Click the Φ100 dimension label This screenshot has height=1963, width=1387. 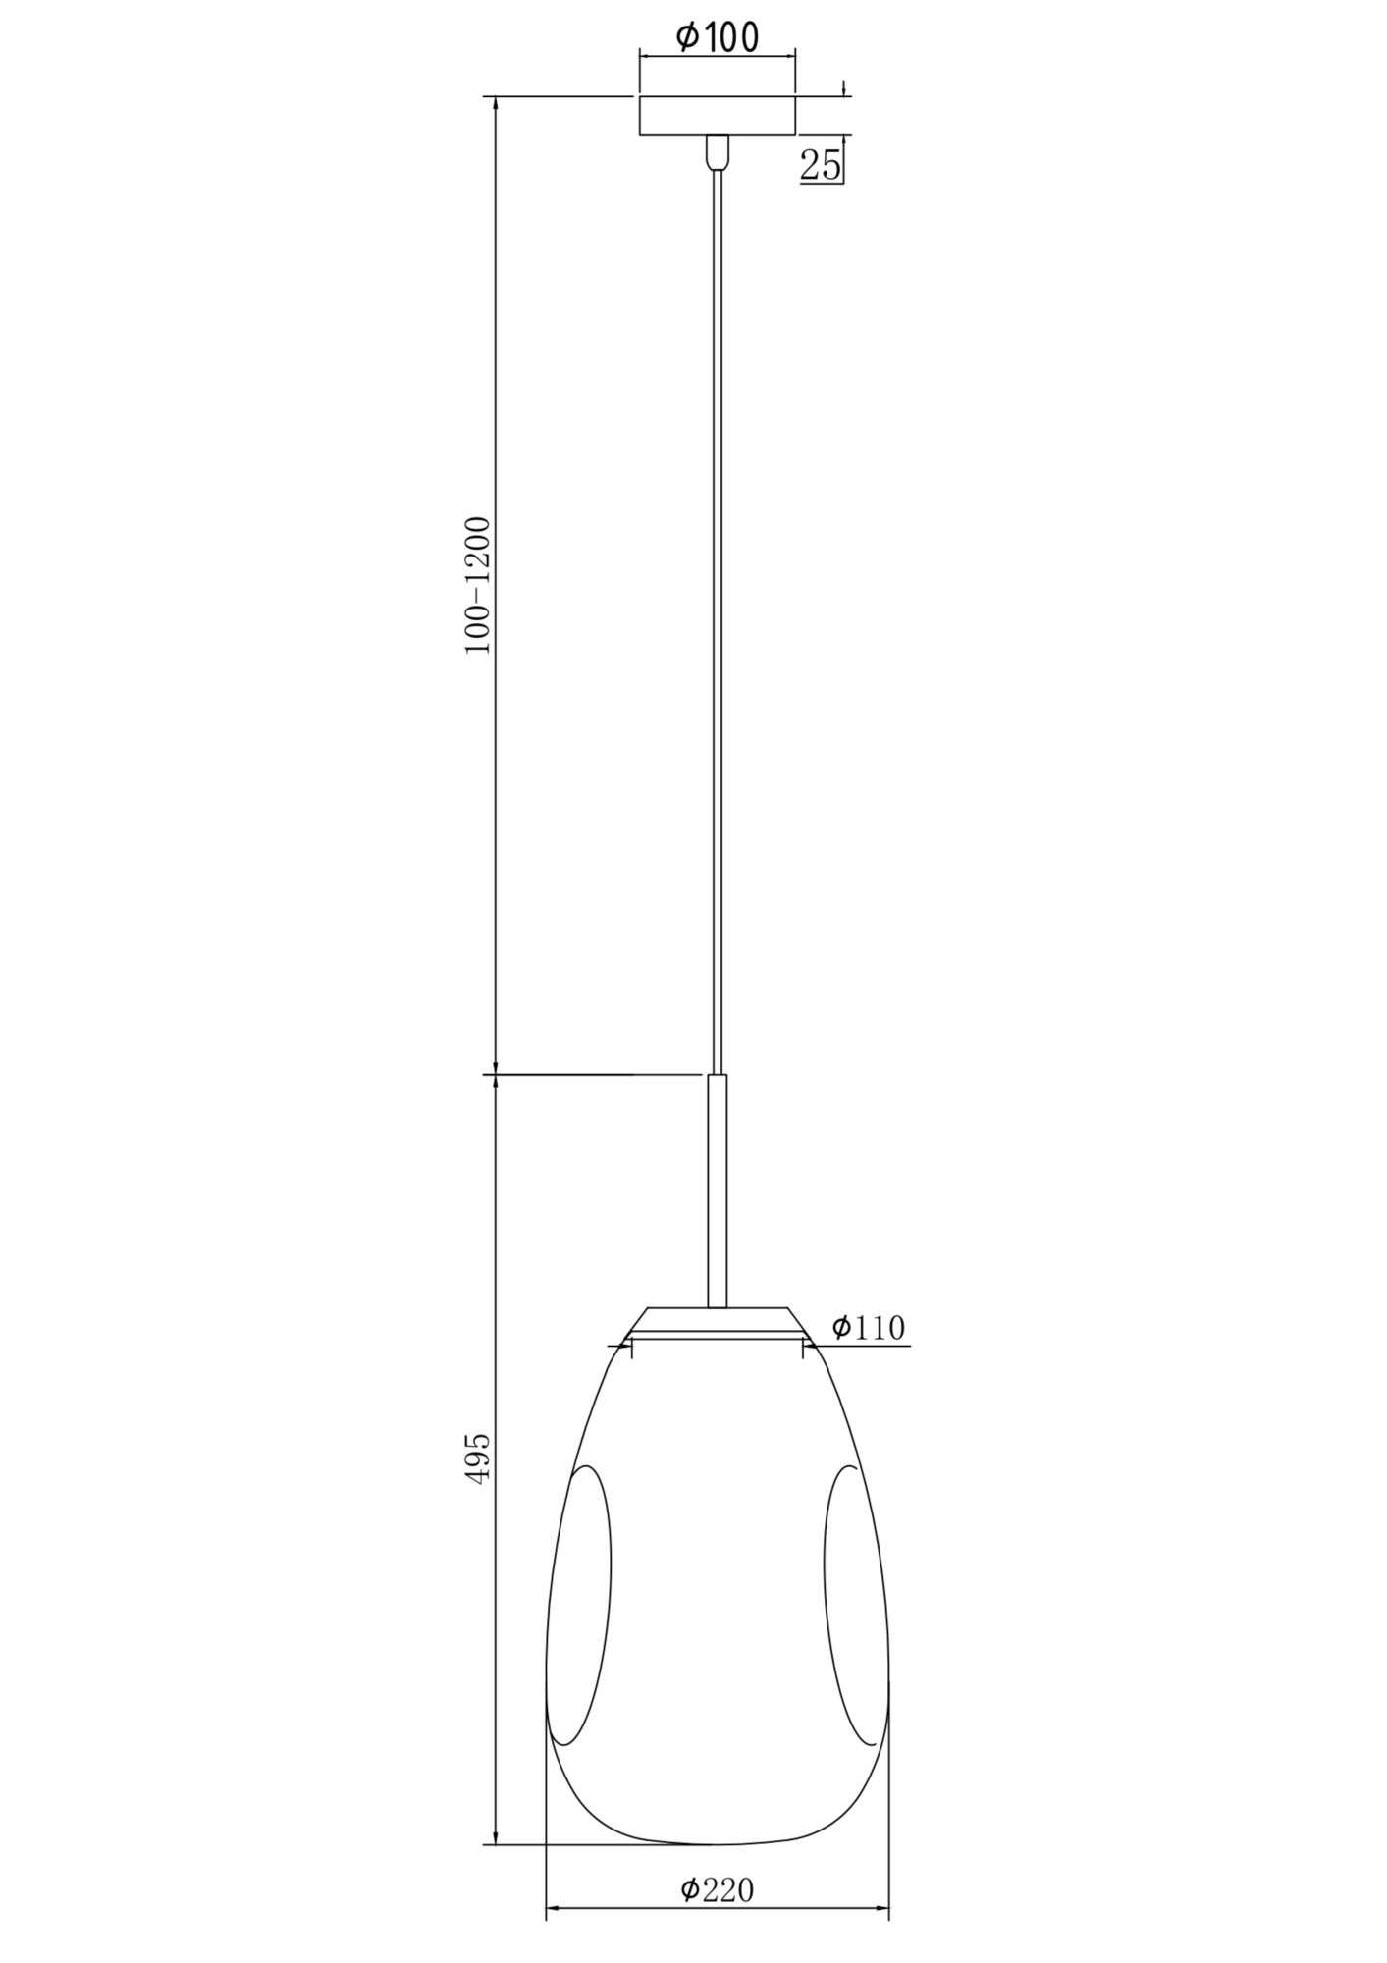718,37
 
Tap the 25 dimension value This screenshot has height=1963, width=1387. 822,165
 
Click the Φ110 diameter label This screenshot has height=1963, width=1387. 868,1327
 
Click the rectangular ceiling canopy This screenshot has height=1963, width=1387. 718,116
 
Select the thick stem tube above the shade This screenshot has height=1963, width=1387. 718,1191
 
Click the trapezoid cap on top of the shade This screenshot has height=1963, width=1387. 718,1321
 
